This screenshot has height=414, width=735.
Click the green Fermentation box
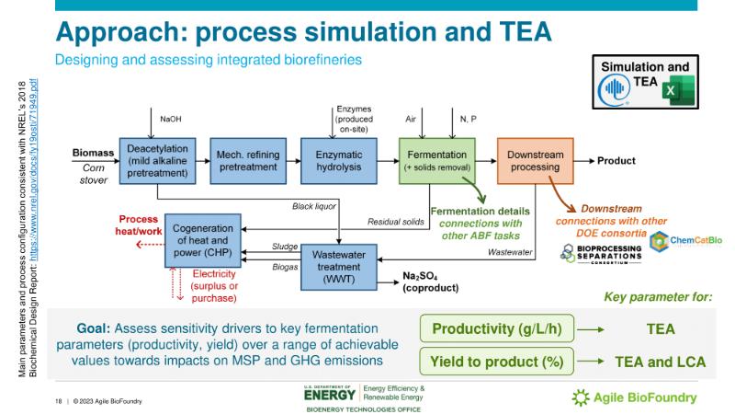[x=435, y=160]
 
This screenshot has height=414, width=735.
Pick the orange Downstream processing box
[x=535, y=160]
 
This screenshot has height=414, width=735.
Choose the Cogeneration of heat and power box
[x=204, y=240]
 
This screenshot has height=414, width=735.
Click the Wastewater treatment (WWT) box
[x=340, y=260]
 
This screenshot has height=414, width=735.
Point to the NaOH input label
[x=171, y=119]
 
